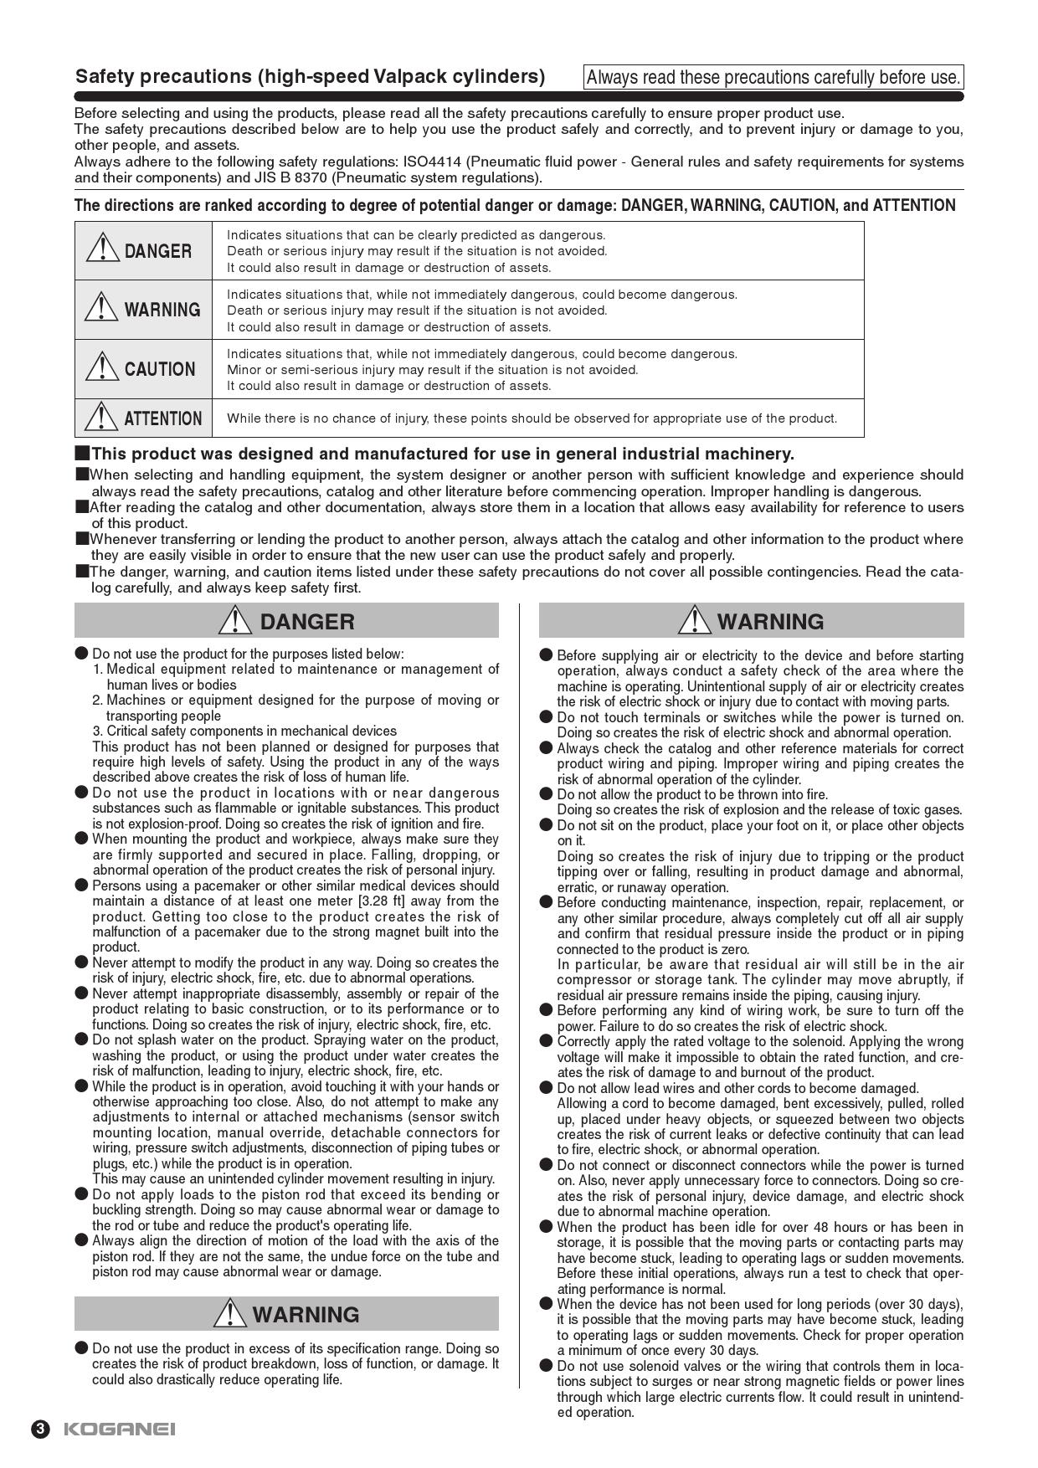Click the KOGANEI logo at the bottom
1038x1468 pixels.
(x=119, y=1429)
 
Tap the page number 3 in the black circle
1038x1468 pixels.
(x=41, y=1429)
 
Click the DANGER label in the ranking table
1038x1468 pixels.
(x=157, y=251)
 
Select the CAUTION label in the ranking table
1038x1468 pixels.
(x=159, y=369)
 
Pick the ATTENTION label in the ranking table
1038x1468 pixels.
(x=162, y=418)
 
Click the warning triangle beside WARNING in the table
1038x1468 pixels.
(x=101, y=307)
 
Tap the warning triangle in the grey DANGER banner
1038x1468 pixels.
(x=236, y=620)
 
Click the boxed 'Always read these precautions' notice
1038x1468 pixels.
(x=773, y=78)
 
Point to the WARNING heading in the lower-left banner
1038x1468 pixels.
(x=306, y=1315)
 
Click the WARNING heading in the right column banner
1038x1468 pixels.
(x=770, y=622)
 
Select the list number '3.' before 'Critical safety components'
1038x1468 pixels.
(x=98, y=731)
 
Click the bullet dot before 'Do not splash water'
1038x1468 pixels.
(x=81, y=1039)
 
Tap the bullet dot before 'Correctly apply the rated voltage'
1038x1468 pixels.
(x=546, y=1041)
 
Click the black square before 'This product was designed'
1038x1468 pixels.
(x=81, y=454)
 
